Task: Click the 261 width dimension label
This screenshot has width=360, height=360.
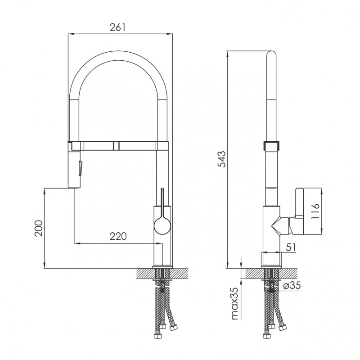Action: coord(118,27)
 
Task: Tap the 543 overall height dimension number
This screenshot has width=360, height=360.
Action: coord(222,159)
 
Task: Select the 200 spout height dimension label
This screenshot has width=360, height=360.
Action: coord(39,228)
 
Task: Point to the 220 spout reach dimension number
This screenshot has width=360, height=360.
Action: coord(118,236)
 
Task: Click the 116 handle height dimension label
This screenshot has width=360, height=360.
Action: coord(315,211)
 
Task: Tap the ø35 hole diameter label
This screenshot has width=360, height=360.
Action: coord(292,285)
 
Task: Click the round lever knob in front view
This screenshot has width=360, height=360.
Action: coord(162,226)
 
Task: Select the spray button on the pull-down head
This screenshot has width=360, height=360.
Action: coord(81,168)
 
